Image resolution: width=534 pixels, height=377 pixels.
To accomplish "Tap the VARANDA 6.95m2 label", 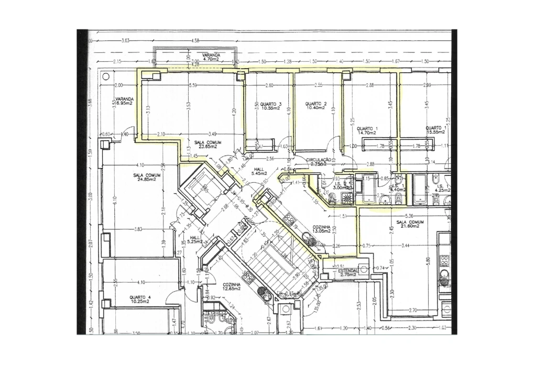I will tap(125, 101).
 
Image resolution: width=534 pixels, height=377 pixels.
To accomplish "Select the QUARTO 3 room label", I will tap(271, 106).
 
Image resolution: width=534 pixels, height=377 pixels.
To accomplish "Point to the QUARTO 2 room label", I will tap(316, 106).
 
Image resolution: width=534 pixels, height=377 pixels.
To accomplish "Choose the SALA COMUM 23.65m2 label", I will tap(208, 145).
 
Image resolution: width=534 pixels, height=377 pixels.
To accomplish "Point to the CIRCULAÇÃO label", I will tap(319, 161).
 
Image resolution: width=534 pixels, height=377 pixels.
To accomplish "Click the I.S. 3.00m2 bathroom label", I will tap(341, 186).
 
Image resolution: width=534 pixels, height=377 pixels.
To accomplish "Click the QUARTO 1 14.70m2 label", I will tap(367, 131).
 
